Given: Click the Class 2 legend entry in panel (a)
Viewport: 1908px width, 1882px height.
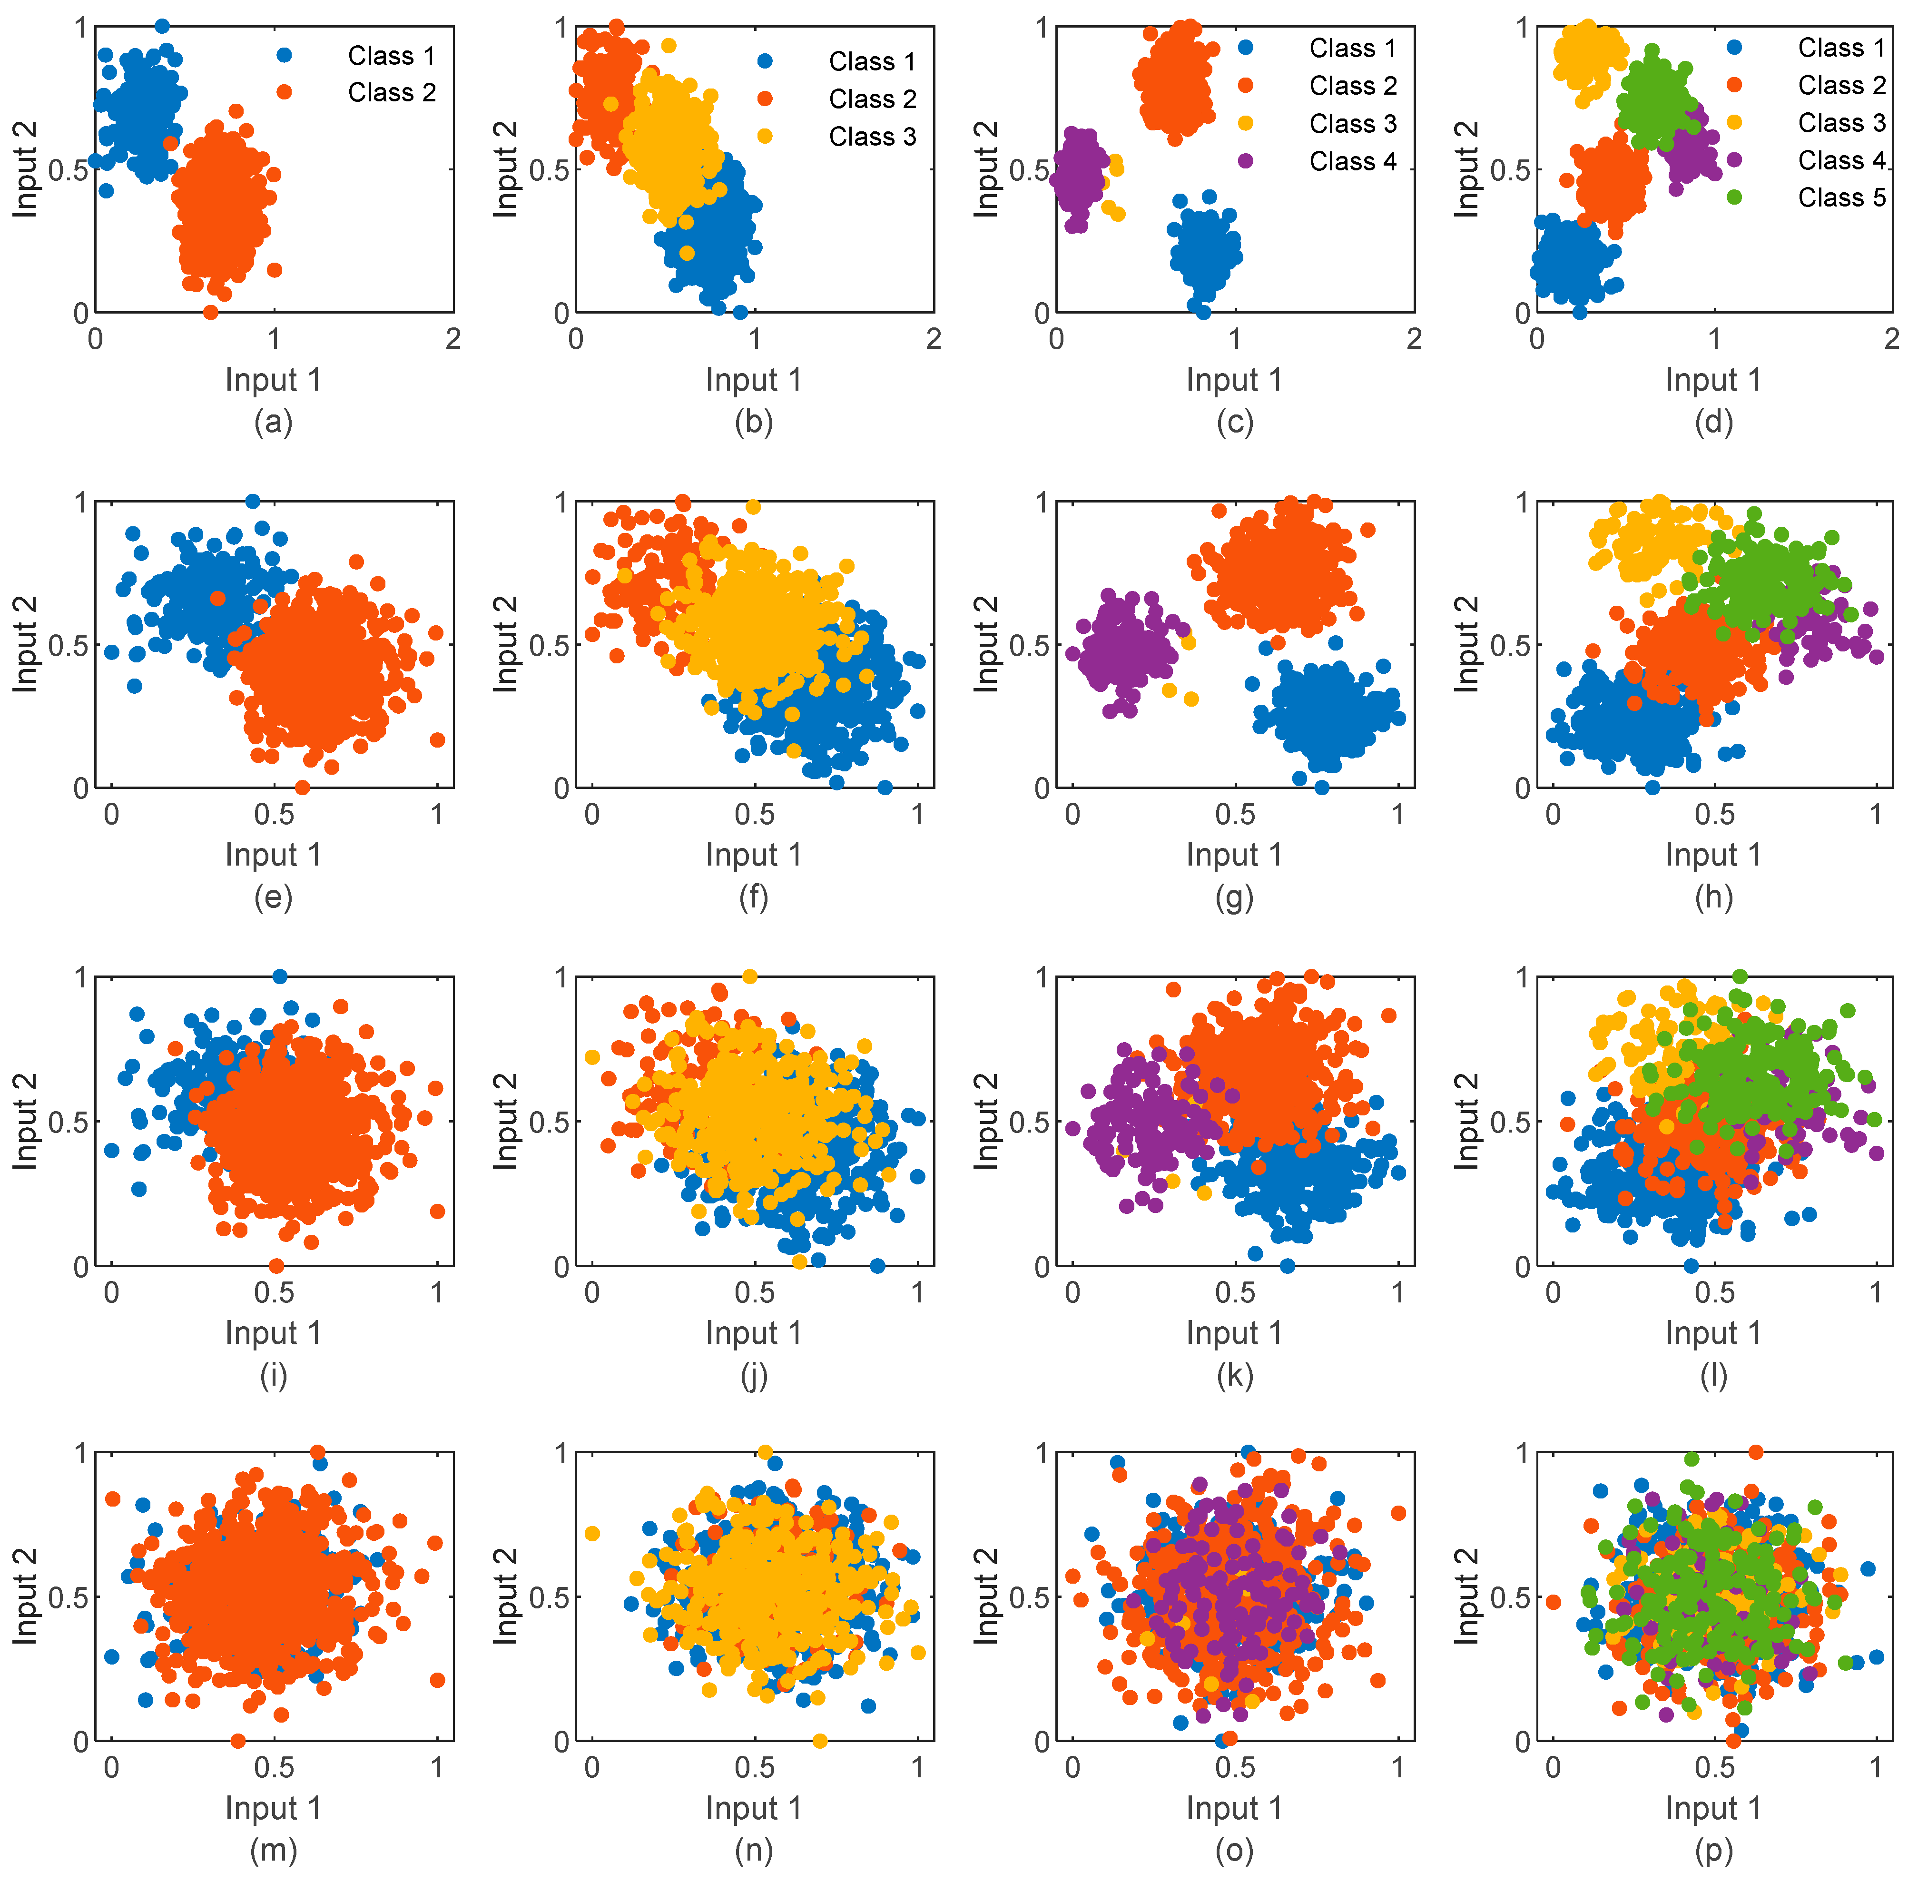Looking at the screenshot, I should point(391,93).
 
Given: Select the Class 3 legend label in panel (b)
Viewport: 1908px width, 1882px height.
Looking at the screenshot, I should point(872,136).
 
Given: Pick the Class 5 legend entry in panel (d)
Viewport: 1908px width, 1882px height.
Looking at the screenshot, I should point(1841,197).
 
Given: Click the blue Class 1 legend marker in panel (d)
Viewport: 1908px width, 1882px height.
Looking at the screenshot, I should point(1734,48).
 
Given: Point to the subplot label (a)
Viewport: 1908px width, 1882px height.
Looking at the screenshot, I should point(274,423).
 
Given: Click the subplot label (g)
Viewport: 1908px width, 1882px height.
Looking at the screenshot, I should point(1234,897).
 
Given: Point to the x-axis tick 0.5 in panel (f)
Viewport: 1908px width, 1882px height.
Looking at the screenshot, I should point(755,816).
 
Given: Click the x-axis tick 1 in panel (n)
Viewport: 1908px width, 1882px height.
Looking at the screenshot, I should point(917,1766).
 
